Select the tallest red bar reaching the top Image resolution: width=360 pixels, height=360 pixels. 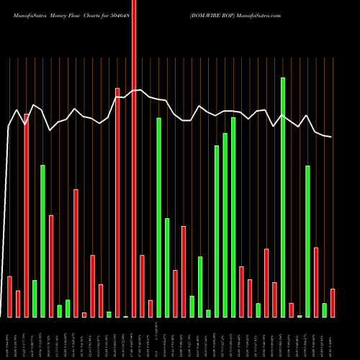[134, 158]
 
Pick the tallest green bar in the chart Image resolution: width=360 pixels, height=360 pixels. [283, 197]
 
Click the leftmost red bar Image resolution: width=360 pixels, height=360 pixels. [9, 297]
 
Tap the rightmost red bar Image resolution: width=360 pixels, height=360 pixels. [333, 302]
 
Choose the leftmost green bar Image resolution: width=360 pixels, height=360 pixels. [34, 299]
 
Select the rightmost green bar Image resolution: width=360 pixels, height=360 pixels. [324, 310]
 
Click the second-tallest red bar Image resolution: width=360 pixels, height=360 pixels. [117, 202]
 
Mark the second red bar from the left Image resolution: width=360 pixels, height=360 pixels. [18, 304]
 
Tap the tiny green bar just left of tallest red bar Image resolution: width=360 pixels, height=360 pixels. [125, 316]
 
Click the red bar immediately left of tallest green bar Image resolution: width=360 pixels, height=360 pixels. [274, 300]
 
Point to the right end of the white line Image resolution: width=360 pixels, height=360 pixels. [332, 137]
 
